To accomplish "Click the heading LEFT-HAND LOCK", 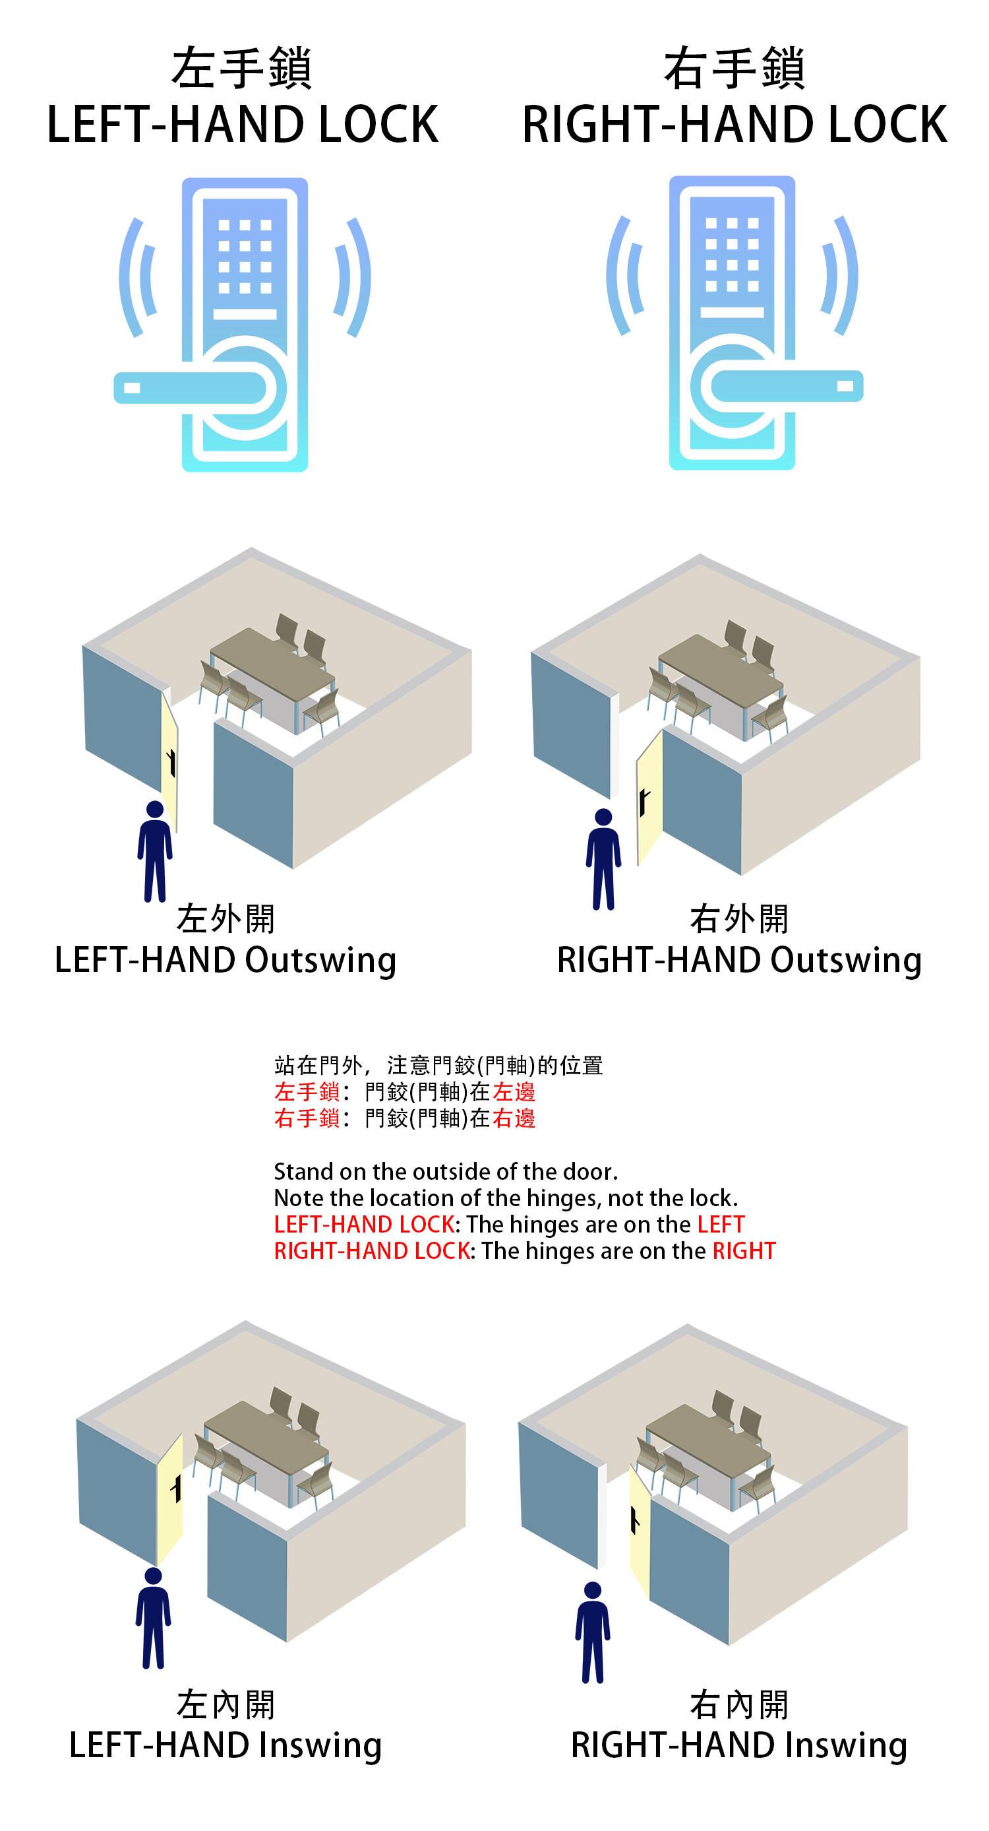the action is click(242, 125).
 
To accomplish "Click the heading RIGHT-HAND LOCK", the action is click(734, 125).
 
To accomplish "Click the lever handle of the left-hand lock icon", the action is click(190, 387).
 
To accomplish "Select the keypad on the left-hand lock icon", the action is click(245, 256).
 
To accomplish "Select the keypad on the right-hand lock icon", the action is click(733, 255).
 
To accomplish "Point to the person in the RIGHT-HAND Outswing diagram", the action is click(603, 858).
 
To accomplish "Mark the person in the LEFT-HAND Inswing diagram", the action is click(154, 1617).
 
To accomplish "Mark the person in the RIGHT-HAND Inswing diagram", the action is click(593, 1632).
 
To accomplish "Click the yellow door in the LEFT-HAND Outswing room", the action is click(169, 759).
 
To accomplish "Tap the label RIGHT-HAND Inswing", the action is click(739, 1746).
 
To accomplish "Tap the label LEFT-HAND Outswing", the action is click(225, 960).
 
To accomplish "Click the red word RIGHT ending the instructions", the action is click(744, 1250).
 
